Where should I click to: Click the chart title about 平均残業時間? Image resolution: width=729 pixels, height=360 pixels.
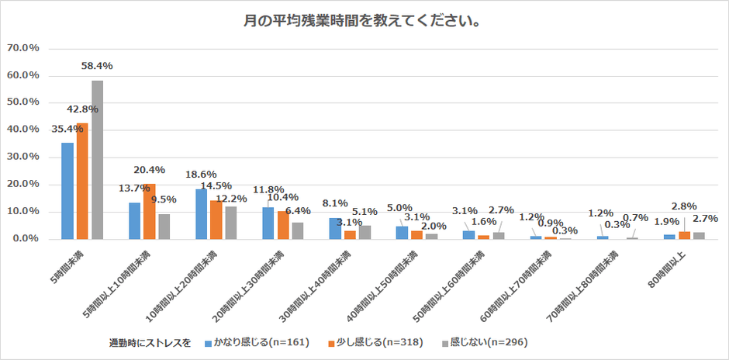pos(365,21)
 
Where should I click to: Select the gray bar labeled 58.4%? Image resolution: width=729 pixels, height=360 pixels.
pos(97,160)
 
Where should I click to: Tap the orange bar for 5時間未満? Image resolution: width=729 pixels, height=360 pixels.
pos(82,181)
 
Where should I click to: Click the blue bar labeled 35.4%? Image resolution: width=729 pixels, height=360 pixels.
pos(67,191)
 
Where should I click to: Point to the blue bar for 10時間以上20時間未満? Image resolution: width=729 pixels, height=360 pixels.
pos(201,214)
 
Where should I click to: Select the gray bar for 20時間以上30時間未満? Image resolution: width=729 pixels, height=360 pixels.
pos(298,230)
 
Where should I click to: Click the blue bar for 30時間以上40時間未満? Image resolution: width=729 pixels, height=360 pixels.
pos(334,228)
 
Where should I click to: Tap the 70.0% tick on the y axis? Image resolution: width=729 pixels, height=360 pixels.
pos(23,48)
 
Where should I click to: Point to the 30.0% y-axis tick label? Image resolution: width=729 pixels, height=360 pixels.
pos(23,157)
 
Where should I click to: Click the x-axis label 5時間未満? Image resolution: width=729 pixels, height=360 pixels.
pos(69,263)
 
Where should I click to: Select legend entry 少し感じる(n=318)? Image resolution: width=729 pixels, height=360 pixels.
pos(367,341)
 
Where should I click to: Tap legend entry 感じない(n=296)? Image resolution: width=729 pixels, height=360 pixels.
pos(484,341)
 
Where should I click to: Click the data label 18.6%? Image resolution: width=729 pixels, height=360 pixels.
pos(201,175)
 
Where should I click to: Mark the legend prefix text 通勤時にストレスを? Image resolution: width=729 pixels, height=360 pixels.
pos(150,341)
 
